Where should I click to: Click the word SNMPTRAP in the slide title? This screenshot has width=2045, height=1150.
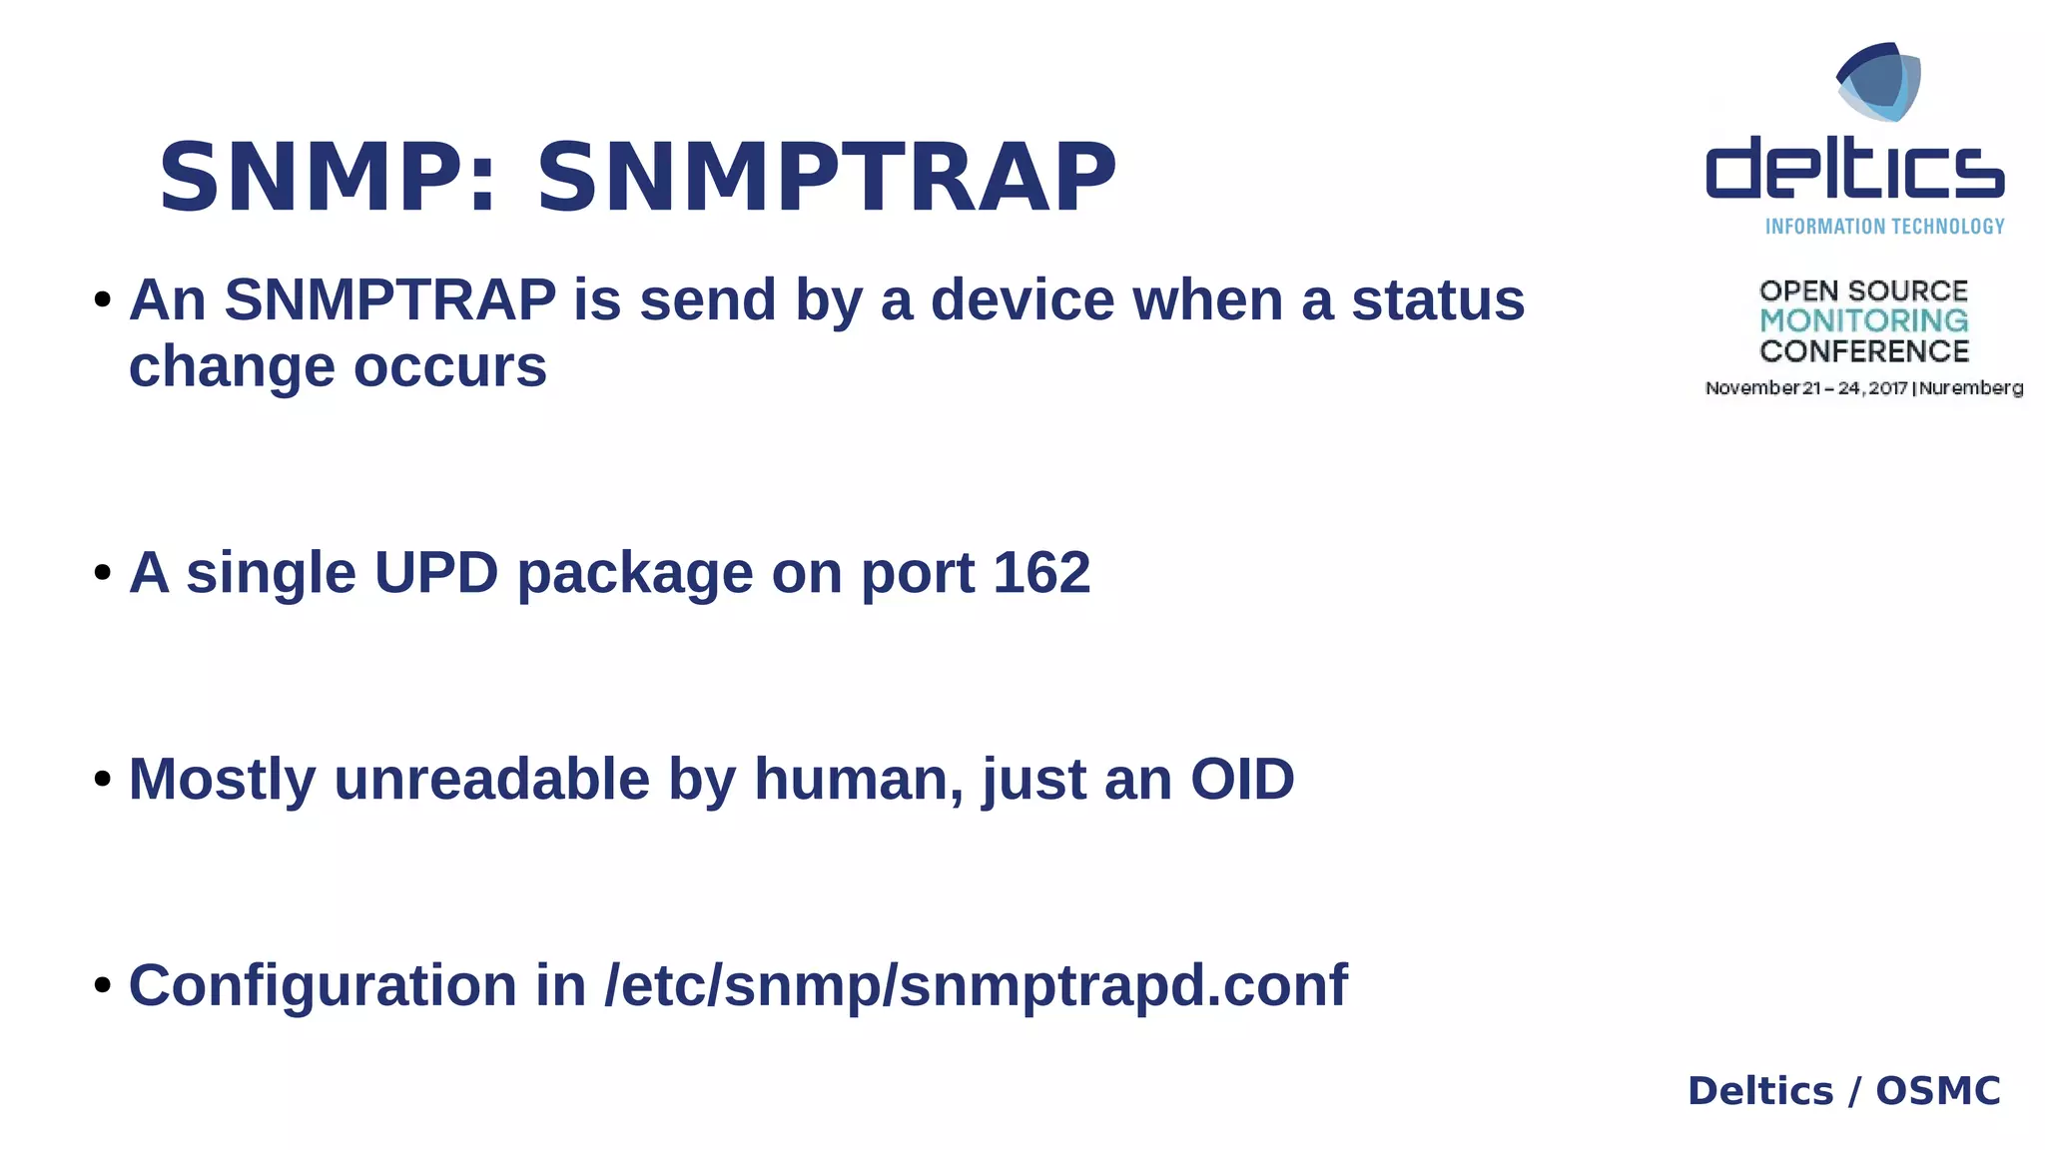pyautogui.click(x=826, y=178)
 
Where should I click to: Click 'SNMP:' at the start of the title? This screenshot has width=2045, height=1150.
pyautogui.click(x=328, y=178)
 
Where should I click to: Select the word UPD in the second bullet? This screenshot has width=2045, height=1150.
pyautogui.click(x=436, y=573)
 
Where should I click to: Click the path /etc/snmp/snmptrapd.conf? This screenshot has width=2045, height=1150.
pyautogui.click(x=976, y=985)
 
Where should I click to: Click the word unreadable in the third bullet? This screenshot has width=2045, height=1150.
pyautogui.click(x=491, y=779)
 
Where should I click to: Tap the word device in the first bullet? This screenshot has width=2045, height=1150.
pyautogui.click(x=1022, y=299)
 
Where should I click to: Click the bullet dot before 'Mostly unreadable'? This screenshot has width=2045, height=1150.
pyautogui.click(x=102, y=779)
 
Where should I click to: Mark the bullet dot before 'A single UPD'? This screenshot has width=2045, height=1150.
pyautogui.click(x=102, y=573)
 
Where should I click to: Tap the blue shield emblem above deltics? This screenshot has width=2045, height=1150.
pyautogui.click(x=1878, y=82)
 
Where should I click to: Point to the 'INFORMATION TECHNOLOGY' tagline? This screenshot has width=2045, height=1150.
pyautogui.click(x=1884, y=227)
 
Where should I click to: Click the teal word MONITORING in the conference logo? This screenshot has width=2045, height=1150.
pyautogui.click(x=1863, y=320)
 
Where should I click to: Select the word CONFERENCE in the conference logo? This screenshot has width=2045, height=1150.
pyautogui.click(x=1863, y=351)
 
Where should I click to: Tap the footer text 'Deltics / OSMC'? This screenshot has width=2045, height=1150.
pyautogui.click(x=1843, y=1091)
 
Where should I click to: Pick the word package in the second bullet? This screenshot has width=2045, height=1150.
pyautogui.click(x=635, y=573)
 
